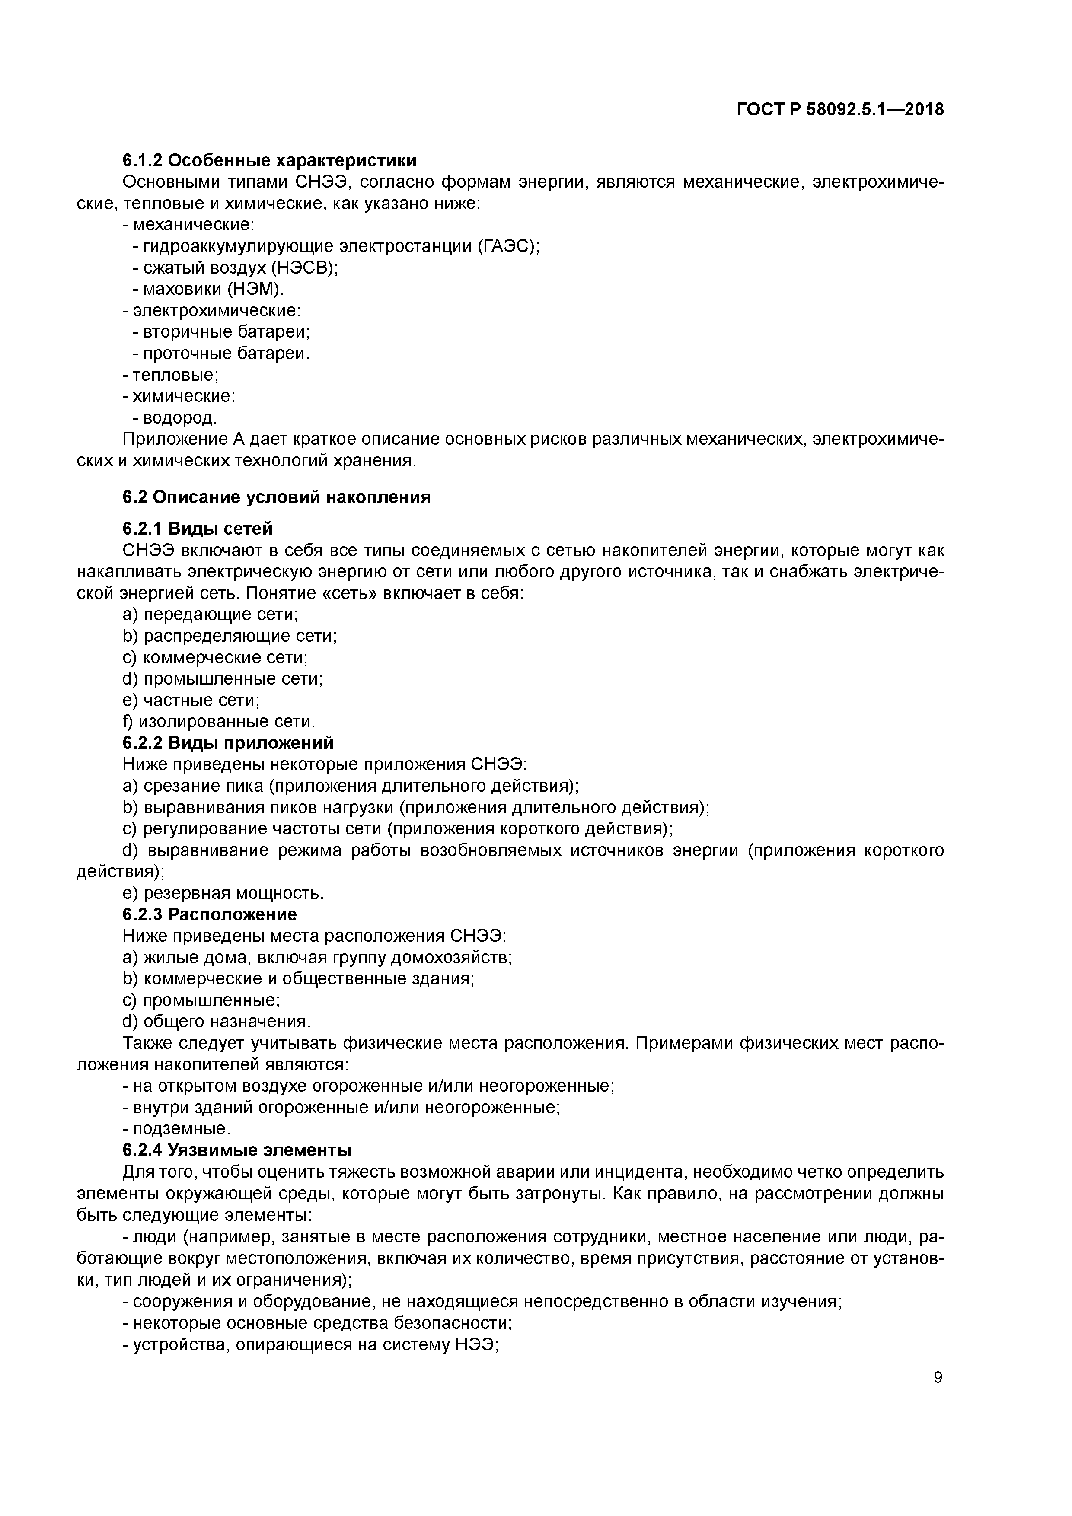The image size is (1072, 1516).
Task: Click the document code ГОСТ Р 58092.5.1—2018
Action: coord(840,110)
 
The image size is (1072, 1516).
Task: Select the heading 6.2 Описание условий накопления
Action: coord(276,497)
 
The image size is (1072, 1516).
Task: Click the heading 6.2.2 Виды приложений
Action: coord(228,743)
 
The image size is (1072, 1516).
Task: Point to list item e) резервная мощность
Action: coord(223,893)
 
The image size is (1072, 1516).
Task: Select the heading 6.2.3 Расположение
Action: coord(209,914)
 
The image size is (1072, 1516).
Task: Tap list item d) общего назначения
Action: coord(217,1022)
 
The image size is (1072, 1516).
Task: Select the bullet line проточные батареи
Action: coord(220,353)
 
